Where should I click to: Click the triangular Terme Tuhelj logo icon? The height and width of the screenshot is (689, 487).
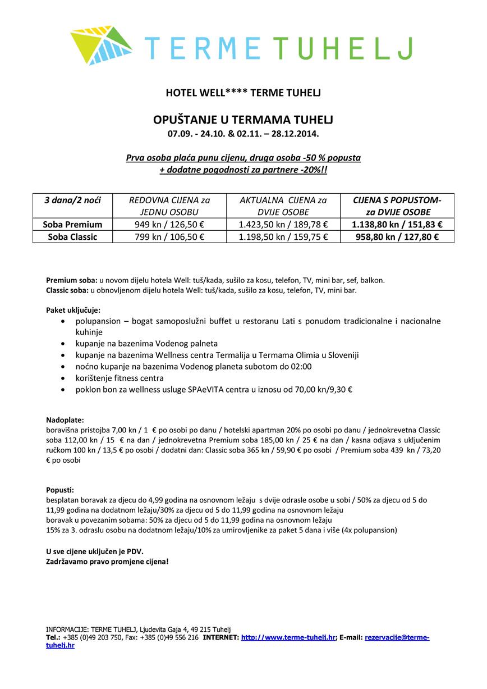(x=102, y=45)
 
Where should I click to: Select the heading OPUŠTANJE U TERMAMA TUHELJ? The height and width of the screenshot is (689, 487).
(x=243, y=120)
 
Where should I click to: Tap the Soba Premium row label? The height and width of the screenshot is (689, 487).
(x=72, y=225)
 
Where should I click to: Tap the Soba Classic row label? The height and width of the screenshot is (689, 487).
(x=72, y=237)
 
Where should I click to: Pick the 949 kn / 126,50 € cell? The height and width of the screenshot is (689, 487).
(x=168, y=225)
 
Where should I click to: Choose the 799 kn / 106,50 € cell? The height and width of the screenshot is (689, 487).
(x=168, y=237)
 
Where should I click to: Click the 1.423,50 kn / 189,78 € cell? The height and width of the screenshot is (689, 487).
(x=283, y=225)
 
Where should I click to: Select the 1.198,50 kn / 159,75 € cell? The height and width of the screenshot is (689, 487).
(x=283, y=237)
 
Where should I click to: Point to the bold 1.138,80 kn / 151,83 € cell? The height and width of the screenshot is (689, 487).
(x=397, y=225)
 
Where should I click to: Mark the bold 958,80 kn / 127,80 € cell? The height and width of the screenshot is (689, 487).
(x=397, y=237)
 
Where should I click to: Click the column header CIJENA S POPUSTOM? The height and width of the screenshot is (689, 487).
(x=397, y=200)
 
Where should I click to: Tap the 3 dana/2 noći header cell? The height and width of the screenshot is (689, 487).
(x=72, y=200)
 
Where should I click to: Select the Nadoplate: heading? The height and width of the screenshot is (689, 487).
(x=65, y=419)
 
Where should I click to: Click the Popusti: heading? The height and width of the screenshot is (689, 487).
(x=60, y=490)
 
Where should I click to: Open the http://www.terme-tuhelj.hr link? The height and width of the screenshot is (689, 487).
(x=288, y=638)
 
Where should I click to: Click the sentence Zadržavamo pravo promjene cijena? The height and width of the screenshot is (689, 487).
(x=107, y=561)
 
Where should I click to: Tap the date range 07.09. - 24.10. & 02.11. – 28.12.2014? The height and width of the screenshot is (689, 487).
(x=243, y=134)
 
